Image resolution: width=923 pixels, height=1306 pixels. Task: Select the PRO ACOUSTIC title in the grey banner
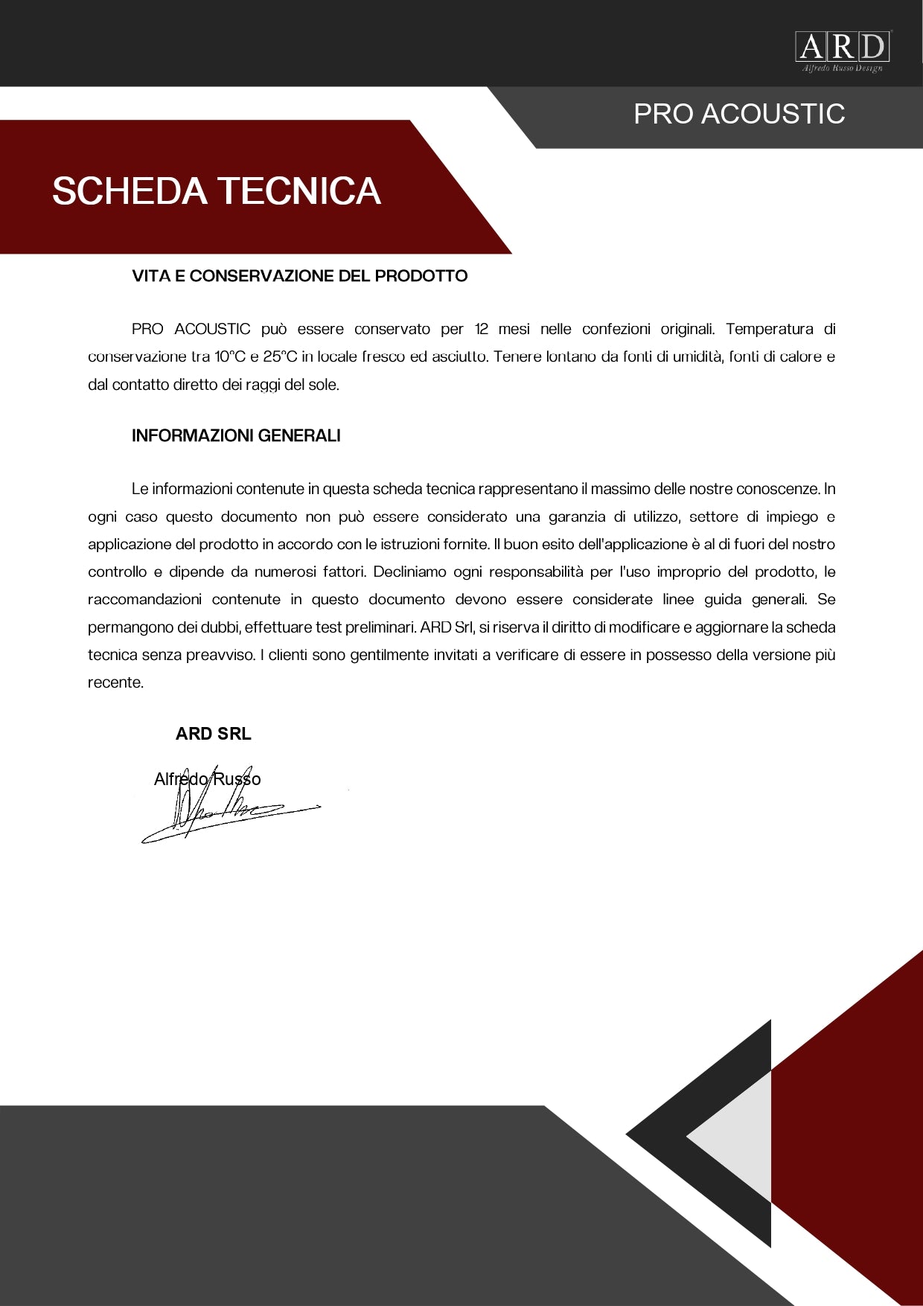739,114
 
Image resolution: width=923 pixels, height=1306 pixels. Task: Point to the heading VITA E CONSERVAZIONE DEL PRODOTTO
299,276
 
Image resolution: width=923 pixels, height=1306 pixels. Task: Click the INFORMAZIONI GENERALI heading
236,436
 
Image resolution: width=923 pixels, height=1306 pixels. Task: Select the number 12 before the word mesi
481,329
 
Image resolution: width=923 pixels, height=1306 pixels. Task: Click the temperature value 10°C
230,356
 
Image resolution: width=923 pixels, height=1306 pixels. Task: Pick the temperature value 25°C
280,356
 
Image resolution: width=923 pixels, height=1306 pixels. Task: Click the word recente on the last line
115,683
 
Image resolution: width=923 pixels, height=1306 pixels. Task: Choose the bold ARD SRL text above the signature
214,734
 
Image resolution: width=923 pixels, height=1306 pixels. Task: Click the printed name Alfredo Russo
207,779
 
